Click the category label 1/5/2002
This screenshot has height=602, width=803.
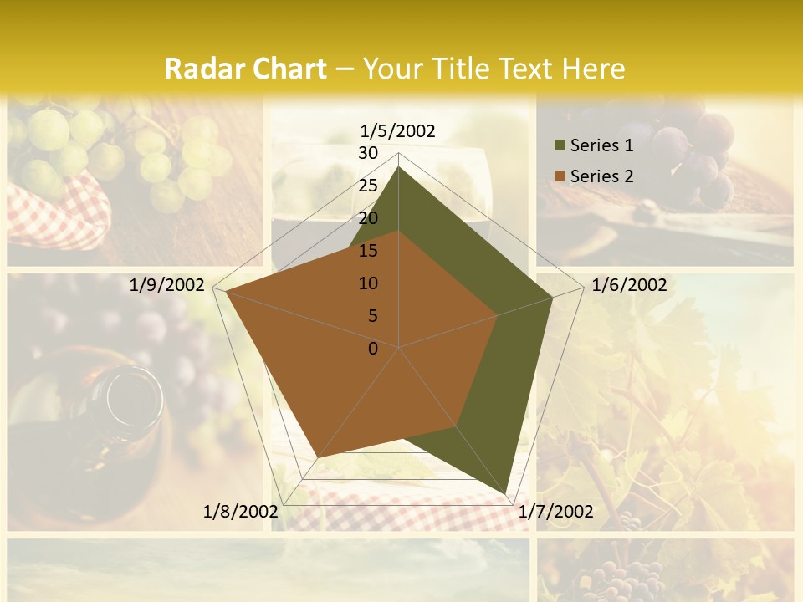pos(398,131)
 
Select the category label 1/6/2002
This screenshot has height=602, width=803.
pos(629,285)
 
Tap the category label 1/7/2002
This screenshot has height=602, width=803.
pos(555,512)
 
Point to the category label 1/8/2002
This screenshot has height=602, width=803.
pos(240,512)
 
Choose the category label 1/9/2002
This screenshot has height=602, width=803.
pos(166,285)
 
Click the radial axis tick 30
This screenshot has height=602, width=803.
pos(368,153)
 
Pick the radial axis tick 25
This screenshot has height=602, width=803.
pos(368,186)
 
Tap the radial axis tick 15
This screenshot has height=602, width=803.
pos(368,251)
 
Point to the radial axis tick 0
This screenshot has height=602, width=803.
pos(373,349)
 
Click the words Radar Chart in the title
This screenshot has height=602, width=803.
pos(244,69)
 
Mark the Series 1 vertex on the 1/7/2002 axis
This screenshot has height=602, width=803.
pos(506,493)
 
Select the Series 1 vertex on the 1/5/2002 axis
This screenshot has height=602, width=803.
pos(399,167)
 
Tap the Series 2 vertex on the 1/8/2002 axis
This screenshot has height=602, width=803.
pos(317,458)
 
